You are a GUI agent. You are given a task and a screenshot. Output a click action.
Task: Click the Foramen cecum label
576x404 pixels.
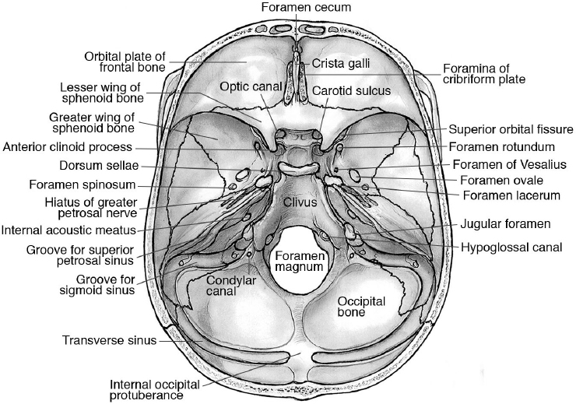[295, 8]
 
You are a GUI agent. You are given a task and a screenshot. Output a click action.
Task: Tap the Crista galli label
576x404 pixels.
[337, 62]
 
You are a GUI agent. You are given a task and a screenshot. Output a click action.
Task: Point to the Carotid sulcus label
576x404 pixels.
[350, 91]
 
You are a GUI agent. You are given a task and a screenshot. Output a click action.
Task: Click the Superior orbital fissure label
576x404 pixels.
[511, 129]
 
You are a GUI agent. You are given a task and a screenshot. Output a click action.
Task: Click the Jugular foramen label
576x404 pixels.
[504, 223]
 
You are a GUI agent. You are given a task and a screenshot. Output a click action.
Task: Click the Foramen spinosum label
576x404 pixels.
[82, 185]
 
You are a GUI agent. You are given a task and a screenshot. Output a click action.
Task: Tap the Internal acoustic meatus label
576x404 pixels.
[68, 230]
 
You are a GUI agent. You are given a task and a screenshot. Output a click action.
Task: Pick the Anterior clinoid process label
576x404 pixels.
[68, 146]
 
